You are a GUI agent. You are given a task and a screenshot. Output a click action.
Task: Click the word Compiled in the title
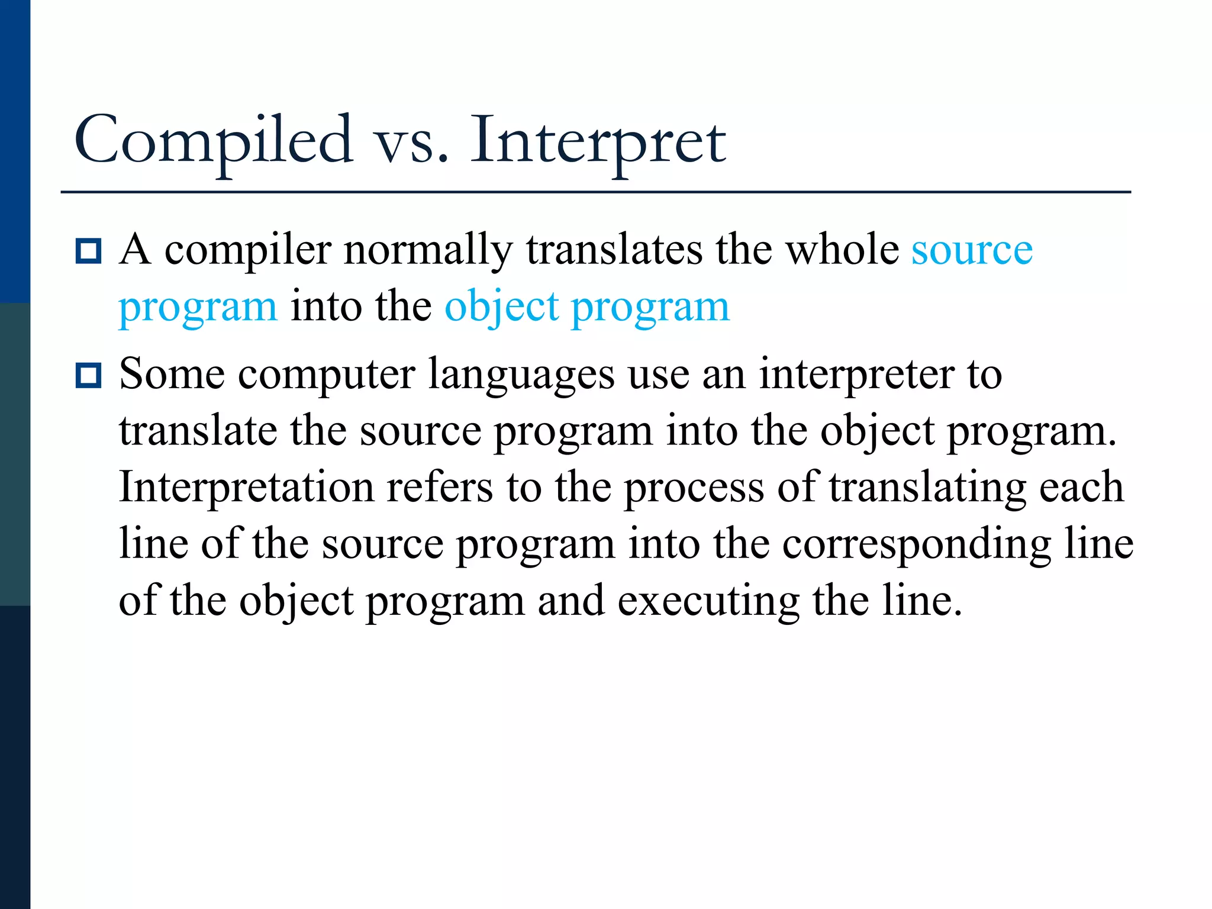click(x=213, y=141)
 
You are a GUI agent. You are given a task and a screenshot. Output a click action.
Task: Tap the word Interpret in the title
click(x=598, y=141)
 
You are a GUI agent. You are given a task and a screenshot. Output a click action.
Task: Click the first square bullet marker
click(x=89, y=251)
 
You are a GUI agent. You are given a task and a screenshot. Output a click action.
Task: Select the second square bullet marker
click(x=89, y=376)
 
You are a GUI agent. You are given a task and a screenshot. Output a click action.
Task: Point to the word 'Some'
click(x=172, y=375)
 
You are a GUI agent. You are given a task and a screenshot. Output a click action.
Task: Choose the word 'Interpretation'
click(x=246, y=488)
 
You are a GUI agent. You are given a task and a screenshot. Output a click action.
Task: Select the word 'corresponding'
click(x=917, y=545)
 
